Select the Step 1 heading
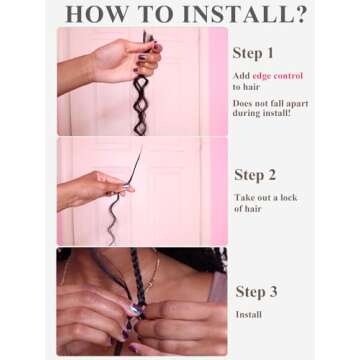coord(253,53)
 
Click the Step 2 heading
coord(255,175)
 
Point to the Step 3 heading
coord(256,292)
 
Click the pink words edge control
coord(278,76)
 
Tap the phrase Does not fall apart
coord(270,103)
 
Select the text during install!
coord(262,113)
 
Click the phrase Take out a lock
coord(265,198)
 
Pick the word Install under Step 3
coord(248,315)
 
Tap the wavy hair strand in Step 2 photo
coord(114,218)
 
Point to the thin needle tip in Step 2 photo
coord(141,147)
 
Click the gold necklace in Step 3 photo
coord(153,271)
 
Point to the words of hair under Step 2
coord(248,209)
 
